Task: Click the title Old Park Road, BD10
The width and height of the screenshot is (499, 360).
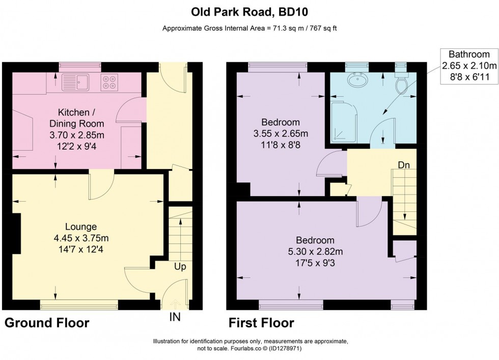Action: point(249,11)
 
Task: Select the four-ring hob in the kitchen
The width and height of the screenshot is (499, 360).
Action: point(108,82)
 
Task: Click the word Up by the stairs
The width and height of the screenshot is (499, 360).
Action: point(180,266)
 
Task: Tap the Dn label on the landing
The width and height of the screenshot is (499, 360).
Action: point(404,165)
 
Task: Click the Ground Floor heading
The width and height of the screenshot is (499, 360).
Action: point(47,323)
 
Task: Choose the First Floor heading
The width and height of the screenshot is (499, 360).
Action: point(261,323)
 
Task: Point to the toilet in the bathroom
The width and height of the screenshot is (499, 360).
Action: point(402,85)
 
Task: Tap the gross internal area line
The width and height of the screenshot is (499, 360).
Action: point(249,29)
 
